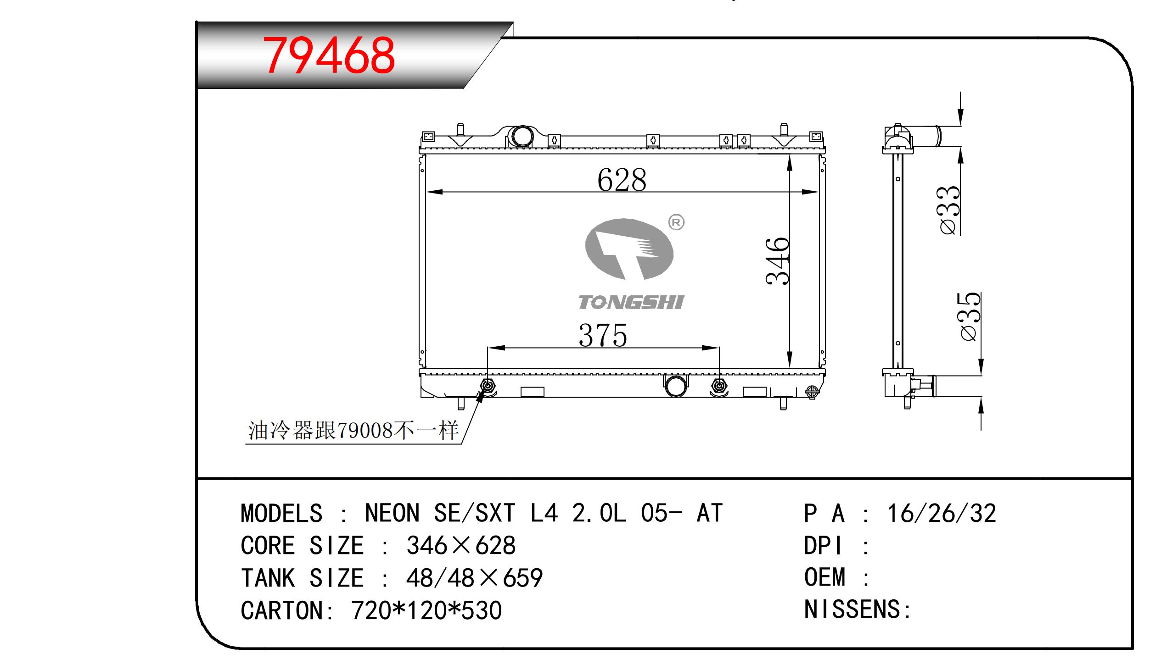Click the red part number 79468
[328, 55]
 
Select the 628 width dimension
[622, 179]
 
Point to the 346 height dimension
[778, 260]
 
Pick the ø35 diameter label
[970, 316]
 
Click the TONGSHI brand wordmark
[631, 302]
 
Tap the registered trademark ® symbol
[676, 223]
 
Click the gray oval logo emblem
[629, 249]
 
